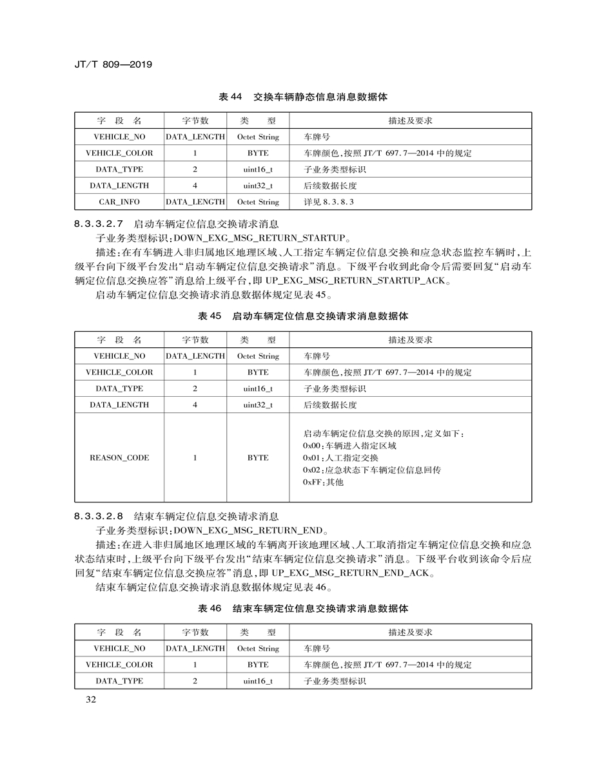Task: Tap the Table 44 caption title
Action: point(303,97)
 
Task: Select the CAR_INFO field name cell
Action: point(119,202)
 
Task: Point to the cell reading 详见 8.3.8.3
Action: point(329,202)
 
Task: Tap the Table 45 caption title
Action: point(303,316)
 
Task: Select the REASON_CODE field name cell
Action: point(119,457)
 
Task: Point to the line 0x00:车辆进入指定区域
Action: point(349,446)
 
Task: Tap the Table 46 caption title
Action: point(303,609)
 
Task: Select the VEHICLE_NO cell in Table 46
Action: point(119,649)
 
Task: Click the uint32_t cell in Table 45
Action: point(258,405)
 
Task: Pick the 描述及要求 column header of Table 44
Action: point(410,120)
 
